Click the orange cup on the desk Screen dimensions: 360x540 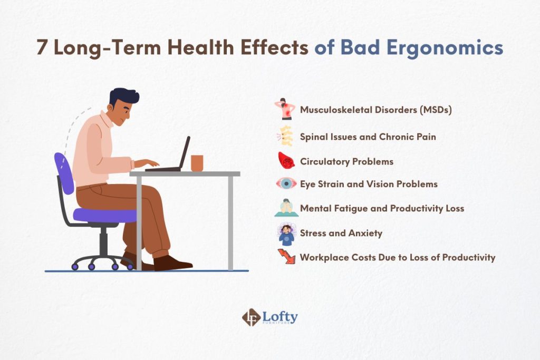click(x=197, y=163)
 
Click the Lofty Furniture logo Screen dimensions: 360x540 click(x=269, y=317)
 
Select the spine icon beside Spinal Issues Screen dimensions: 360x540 click(x=285, y=136)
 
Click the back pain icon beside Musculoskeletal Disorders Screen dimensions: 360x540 click(x=285, y=110)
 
